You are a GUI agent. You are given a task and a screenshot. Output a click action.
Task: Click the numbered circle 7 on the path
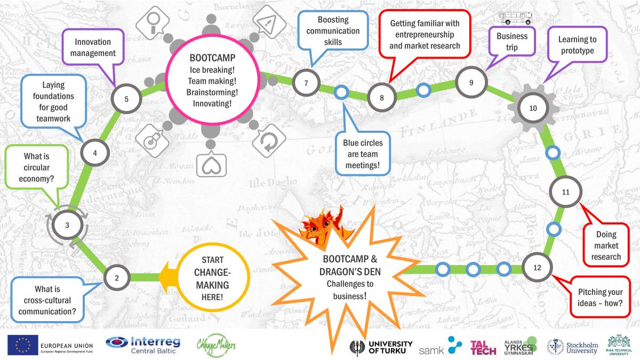(306, 83)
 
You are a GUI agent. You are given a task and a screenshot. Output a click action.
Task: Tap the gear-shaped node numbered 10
(533, 108)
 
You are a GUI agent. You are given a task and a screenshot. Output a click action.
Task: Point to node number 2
(117, 277)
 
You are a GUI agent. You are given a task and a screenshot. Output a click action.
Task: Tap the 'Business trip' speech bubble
(512, 42)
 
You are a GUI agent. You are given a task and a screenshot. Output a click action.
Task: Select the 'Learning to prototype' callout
(577, 45)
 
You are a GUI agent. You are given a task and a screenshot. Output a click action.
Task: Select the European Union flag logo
(22, 344)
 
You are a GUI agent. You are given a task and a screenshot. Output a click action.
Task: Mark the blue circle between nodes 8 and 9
(423, 90)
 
